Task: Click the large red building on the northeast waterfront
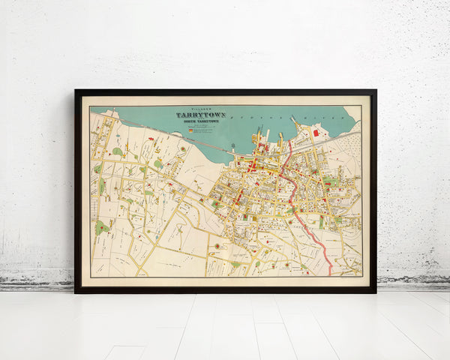[316, 133]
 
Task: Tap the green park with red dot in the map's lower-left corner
[101, 226]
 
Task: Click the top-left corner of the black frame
[76, 91]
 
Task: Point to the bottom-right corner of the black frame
[375, 291]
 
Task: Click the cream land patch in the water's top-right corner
[352, 113]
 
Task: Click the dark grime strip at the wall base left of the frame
[37, 284]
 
